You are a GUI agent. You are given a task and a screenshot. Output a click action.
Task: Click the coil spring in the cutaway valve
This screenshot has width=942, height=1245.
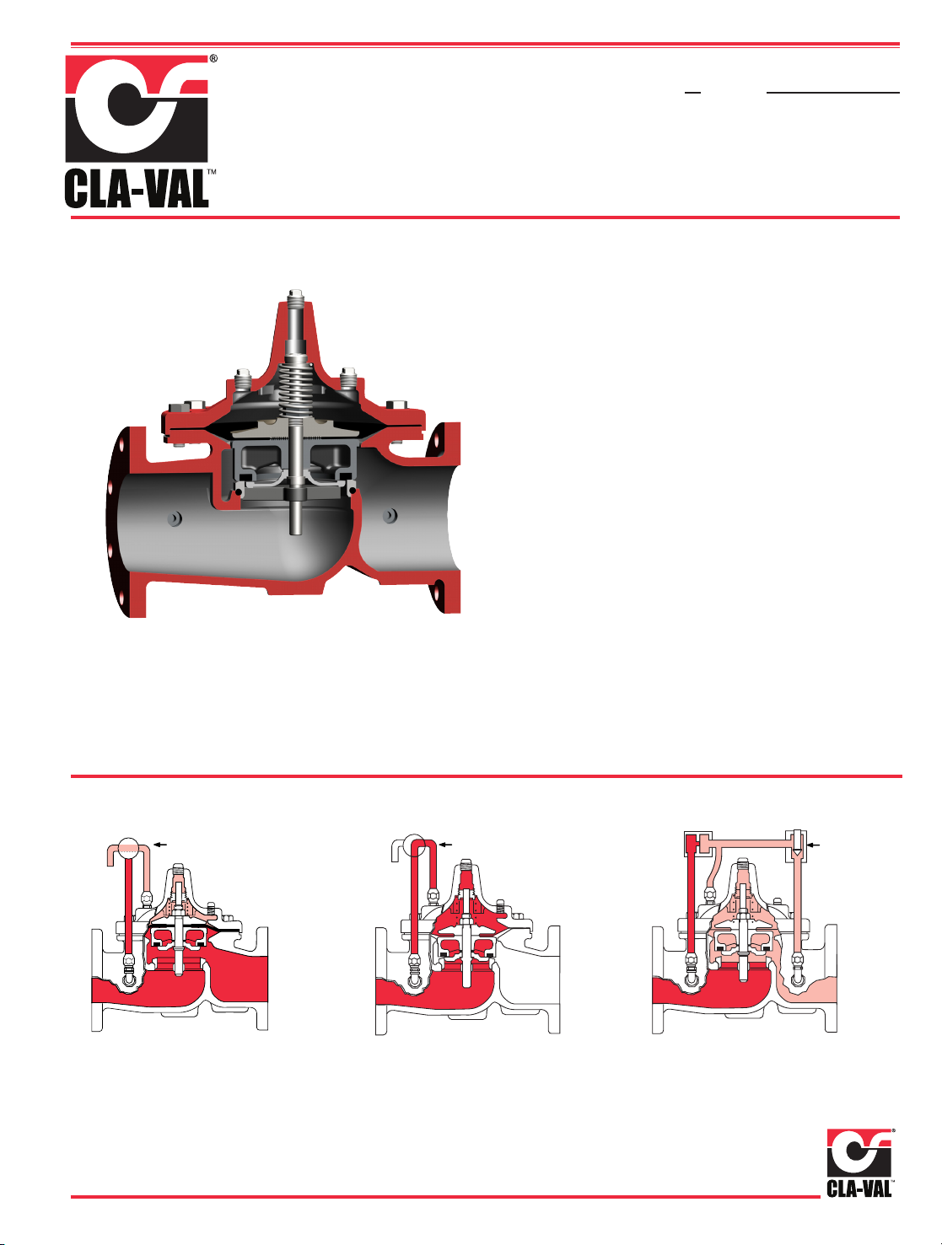[296, 390]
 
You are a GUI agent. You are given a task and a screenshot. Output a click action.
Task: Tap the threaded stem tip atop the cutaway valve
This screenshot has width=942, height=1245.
[296, 298]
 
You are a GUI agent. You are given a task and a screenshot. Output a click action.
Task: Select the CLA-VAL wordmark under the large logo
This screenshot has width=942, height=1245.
[137, 189]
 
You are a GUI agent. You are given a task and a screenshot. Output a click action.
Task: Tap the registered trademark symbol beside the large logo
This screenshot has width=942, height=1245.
[213, 58]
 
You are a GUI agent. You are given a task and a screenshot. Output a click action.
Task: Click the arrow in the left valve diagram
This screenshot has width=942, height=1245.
[161, 845]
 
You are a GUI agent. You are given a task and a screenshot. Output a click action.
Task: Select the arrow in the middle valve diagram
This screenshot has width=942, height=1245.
[445, 845]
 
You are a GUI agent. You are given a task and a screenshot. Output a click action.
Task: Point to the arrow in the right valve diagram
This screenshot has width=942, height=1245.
[814, 845]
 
